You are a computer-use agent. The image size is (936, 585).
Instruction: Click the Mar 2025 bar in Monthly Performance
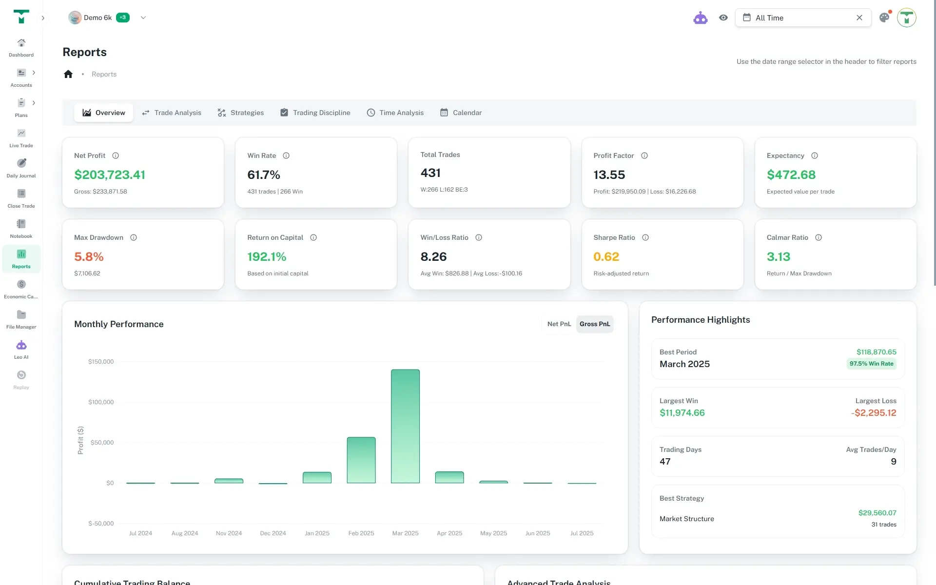pos(405,426)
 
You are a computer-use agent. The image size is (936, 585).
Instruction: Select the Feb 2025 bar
pos(361,460)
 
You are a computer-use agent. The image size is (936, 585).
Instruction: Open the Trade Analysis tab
pos(172,113)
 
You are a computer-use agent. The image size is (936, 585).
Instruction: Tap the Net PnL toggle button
pos(559,324)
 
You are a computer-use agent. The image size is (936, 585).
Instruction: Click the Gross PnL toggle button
pos(594,324)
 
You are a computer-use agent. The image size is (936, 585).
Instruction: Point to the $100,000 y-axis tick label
pos(101,402)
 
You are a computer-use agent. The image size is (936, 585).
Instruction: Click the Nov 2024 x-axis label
pos(229,533)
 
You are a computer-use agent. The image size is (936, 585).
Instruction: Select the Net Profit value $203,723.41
pos(110,175)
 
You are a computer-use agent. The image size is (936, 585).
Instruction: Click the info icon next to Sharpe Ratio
pos(645,237)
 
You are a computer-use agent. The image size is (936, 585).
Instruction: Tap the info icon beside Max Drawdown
pos(134,237)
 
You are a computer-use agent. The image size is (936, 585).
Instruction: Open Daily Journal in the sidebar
pos(21,168)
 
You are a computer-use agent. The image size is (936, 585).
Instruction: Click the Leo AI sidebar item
pos(21,349)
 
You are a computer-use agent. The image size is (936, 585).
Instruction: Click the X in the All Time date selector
pos(859,18)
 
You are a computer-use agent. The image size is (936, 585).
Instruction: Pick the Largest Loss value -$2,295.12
pos(874,413)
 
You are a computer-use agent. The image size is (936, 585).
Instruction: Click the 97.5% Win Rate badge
pos(871,364)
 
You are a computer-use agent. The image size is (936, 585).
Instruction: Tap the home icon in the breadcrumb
pos(68,74)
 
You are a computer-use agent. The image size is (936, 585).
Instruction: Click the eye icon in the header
pos(723,18)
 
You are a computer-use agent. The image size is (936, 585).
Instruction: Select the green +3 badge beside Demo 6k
pos(123,18)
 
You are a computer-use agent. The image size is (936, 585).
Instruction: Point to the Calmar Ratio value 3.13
pos(779,256)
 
